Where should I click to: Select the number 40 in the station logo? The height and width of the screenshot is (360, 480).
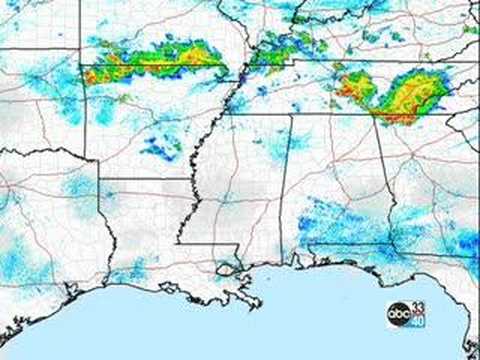pyautogui.click(x=418, y=321)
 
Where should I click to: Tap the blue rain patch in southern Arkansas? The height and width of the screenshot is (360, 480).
pyautogui.click(x=160, y=150)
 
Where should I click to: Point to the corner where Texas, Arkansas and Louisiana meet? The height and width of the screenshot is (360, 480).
pyautogui.click(x=100, y=180)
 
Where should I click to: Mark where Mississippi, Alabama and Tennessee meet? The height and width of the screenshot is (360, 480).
pyautogui.click(x=291, y=114)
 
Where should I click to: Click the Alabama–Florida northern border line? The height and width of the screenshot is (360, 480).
pyautogui.click(x=340, y=244)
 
